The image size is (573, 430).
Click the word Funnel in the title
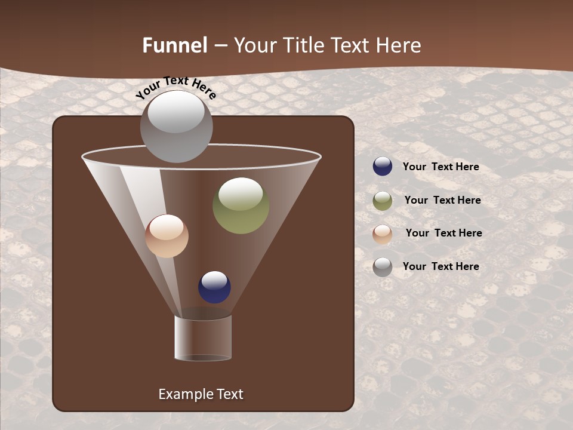click(x=174, y=45)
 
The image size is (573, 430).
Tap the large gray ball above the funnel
click(x=176, y=127)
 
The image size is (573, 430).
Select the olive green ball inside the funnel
click(x=241, y=205)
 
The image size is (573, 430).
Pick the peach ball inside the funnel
click(x=167, y=236)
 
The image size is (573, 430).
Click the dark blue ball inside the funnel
click(x=214, y=287)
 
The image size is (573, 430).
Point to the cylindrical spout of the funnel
click(x=203, y=338)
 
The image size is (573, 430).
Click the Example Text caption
click(x=201, y=394)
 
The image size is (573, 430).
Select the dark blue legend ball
click(x=383, y=167)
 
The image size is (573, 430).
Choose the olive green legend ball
click(x=383, y=201)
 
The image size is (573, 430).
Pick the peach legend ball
click(x=383, y=234)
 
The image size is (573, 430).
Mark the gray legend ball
click(x=383, y=266)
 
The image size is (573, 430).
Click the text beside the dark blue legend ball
click(x=440, y=167)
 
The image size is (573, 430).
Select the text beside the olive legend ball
click(x=442, y=201)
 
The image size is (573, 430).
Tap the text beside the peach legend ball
click(x=443, y=234)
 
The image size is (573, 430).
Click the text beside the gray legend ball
click(x=440, y=266)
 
